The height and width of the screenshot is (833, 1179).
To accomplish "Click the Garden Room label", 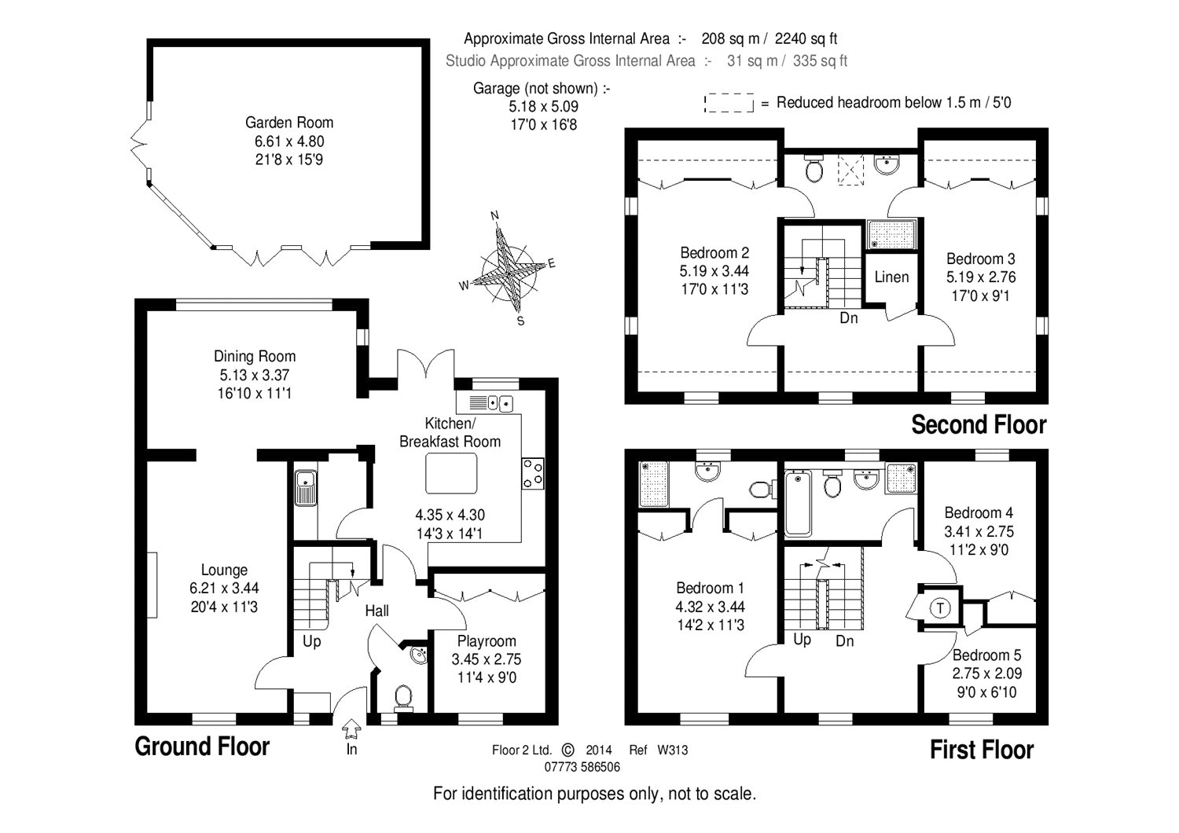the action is [x=289, y=123].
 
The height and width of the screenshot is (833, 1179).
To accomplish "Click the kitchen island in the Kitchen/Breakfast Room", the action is [x=451, y=473].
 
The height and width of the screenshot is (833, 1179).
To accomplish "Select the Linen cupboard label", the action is [x=891, y=277].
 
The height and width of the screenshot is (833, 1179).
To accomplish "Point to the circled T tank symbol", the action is [x=940, y=607].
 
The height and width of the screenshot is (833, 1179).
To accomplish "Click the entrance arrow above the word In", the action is [x=351, y=728].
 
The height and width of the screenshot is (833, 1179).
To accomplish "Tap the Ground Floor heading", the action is [x=202, y=747].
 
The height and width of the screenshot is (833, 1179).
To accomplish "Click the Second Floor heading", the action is [x=979, y=425].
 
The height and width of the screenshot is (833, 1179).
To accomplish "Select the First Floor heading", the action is [x=981, y=750].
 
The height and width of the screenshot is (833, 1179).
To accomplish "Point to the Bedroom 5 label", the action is [x=987, y=655].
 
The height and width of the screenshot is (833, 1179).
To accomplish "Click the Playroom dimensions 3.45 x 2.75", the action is [x=487, y=659].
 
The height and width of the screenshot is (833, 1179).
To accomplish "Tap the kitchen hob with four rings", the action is [x=533, y=473].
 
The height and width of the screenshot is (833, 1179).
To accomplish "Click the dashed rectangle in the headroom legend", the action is [x=729, y=103].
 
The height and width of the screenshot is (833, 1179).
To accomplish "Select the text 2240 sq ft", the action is [x=806, y=39].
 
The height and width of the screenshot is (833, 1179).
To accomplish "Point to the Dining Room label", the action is [x=255, y=357].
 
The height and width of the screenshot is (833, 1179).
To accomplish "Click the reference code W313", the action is [x=672, y=750].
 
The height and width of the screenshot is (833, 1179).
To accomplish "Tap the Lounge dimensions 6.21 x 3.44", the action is [x=224, y=588].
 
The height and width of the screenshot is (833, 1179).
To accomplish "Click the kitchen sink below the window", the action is [x=492, y=403].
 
